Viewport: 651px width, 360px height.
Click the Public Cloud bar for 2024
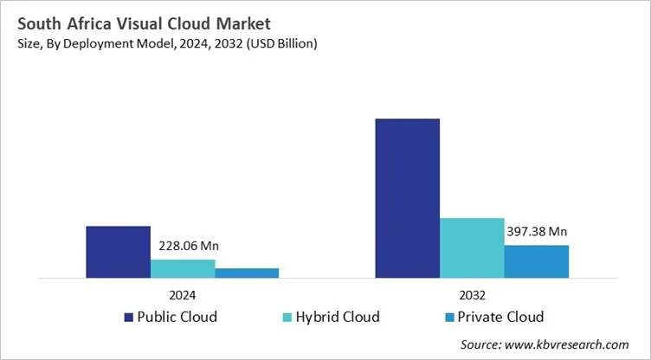pyautogui.click(x=118, y=252)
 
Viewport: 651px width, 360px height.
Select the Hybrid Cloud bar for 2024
pyautogui.click(x=183, y=268)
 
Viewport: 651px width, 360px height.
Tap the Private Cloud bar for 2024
pyautogui.click(x=247, y=273)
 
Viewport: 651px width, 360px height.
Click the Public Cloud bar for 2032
pyautogui.click(x=407, y=198)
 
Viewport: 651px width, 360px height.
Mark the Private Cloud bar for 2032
pyautogui.click(x=536, y=261)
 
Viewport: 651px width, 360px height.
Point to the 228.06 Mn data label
pyautogui.click(x=185, y=247)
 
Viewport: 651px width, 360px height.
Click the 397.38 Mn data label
pyautogui.click(x=535, y=232)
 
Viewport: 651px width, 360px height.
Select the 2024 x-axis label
pyautogui.click(x=183, y=293)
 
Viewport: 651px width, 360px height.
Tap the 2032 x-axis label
pyautogui.click(x=472, y=293)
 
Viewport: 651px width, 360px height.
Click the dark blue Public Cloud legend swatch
pyautogui.click(x=130, y=316)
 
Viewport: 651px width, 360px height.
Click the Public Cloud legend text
pyautogui.click(x=177, y=316)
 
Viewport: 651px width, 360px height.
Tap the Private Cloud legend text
pyautogui.click(x=500, y=316)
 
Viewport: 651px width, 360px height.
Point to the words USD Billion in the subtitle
pyautogui.click(x=284, y=44)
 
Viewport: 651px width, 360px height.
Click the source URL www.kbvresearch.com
pyautogui.click(x=572, y=344)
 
